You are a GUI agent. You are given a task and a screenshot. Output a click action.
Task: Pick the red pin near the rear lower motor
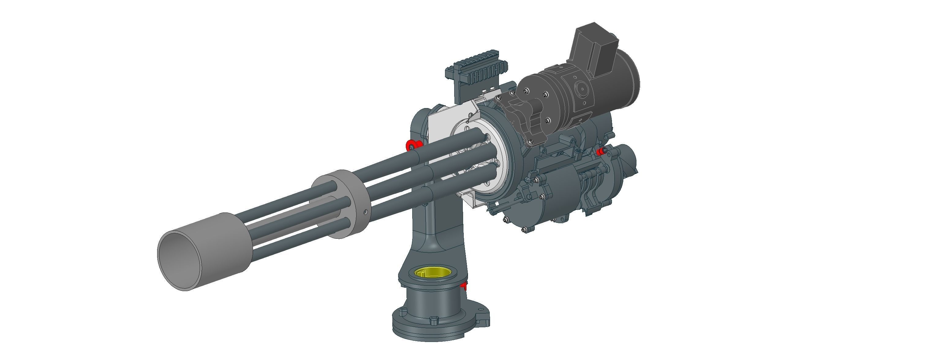point(600,151)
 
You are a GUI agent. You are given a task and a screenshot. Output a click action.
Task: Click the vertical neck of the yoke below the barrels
point(434,220)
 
